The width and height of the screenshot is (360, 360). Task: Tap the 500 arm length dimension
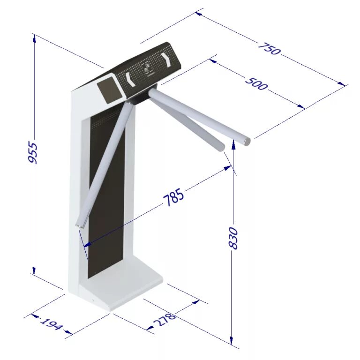(x=257, y=83)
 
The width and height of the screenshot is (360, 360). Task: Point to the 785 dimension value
(x=173, y=198)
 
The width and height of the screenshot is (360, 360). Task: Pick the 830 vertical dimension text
(x=233, y=238)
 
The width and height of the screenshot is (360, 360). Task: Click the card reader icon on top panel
(x=149, y=68)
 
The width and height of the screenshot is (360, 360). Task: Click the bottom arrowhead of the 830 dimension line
(x=232, y=341)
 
